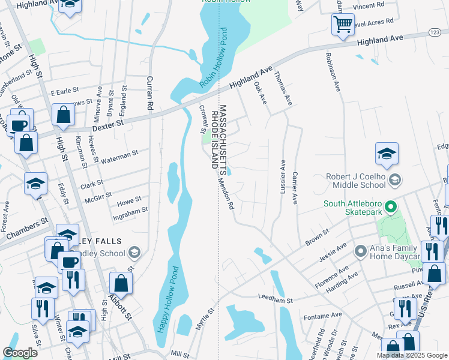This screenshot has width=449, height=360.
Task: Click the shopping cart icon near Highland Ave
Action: pos(342,25)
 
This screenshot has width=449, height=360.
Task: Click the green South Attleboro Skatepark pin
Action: pos(391,208)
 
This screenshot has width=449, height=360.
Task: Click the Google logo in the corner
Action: pos(20,353)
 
